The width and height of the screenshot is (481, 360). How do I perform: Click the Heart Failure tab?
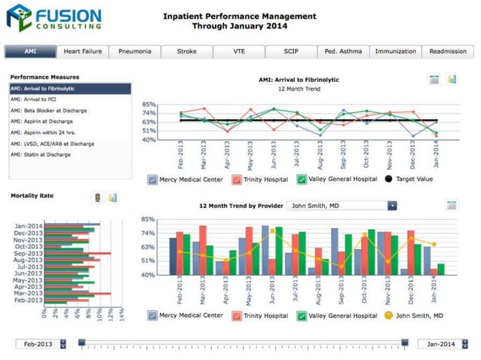(x=82, y=52)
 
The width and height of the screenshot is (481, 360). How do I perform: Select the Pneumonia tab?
(x=134, y=52)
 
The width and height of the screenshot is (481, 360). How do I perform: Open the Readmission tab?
(x=448, y=52)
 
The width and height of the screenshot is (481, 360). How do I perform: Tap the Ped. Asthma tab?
(x=343, y=52)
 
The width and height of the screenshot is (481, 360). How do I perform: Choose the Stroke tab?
(x=186, y=52)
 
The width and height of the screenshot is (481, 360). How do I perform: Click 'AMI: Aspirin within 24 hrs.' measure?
(x=46, y=133)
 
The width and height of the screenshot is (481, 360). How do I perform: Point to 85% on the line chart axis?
(x=149, y=105)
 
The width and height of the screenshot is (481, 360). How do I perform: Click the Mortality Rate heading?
(x=31, y=196)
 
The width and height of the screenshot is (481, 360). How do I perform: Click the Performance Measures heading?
(x=44, y=77)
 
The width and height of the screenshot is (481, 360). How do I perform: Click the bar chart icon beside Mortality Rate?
(x=112, y=197)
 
